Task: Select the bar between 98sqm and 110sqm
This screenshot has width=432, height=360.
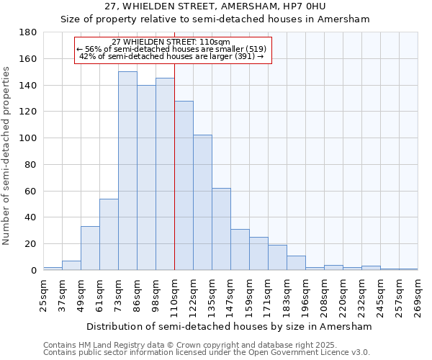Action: tap(165, 174)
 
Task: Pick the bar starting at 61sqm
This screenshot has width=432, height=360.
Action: tap(109, 234)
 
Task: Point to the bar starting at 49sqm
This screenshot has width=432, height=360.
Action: tap(90, 248)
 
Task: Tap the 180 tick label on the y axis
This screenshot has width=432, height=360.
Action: tap(28, 32)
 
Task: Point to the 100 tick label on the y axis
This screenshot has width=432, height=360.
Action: tap(28, 138)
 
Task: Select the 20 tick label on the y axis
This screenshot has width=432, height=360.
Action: tap(31, 244)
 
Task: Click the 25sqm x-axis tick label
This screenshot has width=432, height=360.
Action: tap(43, 294)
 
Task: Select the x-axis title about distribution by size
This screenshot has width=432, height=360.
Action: tap(229, 326)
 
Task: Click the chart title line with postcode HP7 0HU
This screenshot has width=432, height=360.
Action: tap(215, 6)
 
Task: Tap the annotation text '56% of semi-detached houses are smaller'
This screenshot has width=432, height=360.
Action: tap(172, 49)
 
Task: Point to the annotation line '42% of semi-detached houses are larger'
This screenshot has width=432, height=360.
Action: tap(172, 56)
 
